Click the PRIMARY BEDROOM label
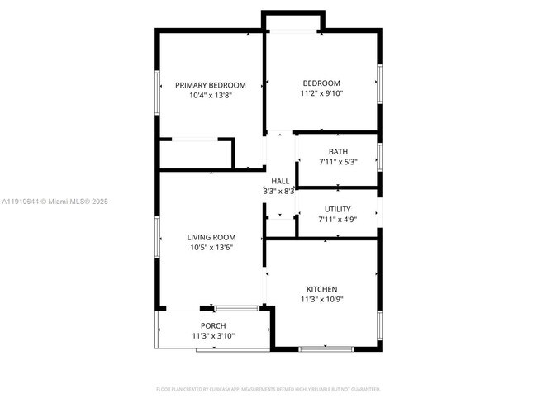pyautogui.click(x=210, y=85)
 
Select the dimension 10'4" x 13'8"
pyautogui.click(x=210, y=96)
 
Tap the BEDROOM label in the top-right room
pyautogui.click(x=321, y=83)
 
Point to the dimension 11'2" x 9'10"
pyautogui.click(x=321, y=93)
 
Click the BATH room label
pyautogui.click(x=338, y=151)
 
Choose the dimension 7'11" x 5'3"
pyautogui.click(x=338, y=162)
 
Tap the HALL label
pyautogui.click(x=280, y=181)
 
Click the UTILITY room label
pyautogui.click(x=338, y=209)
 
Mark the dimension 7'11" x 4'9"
pyautogui.click(x=338, y=220)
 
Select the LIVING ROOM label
pyautogui.click(x=211, y=237)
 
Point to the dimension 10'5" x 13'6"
pyautogui.click(x=211, y=248)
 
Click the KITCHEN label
pyautogui.click(x=321, y=289)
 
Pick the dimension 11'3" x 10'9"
pyautogui.click(x=321, y=300)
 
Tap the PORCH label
pyautogui.click(x=213, y=325)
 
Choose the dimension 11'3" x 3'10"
pyautogui.click(x=213, y=336)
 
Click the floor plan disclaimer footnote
pyautogui.click(x=268, y=388)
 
